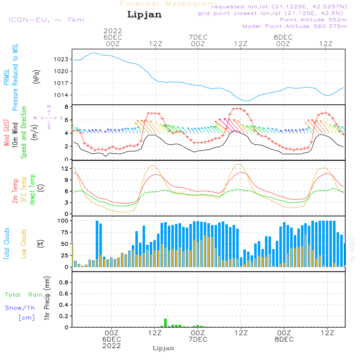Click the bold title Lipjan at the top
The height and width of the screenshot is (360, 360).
coord(144,15)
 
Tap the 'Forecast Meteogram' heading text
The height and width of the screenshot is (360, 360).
coord(167,4)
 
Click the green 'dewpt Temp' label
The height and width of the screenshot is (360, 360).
coord(32,190)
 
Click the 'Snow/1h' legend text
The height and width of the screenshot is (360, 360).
coord(20,308)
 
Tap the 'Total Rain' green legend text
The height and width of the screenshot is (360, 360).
coord(23,294)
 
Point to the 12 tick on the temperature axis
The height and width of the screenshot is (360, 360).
coord(65,168)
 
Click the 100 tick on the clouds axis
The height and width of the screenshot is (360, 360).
coord(63,220)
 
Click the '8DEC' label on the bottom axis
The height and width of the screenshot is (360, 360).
coord(284,339)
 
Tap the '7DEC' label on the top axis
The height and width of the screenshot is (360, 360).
coord(198,37)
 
